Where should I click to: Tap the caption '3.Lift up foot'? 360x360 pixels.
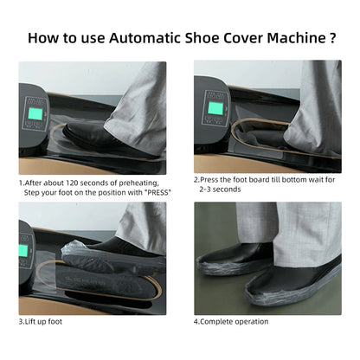(41, 322)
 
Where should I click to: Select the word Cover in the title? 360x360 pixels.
(235, 38)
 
